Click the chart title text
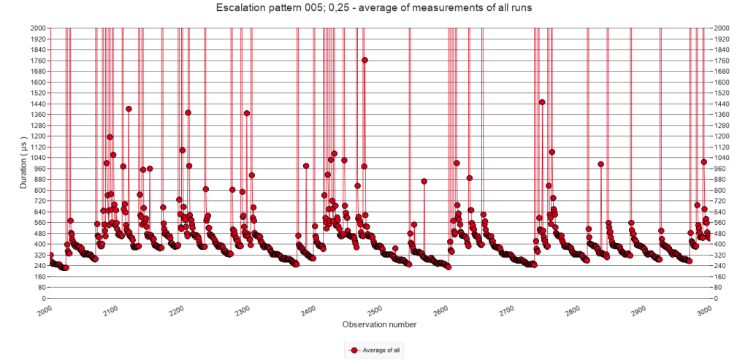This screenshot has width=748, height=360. click(x=373, y=8)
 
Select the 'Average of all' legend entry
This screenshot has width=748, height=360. click(x=375, y=351)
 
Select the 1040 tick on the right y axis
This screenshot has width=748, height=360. click(x=722, y=158)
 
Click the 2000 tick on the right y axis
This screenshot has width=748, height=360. click(x=722, y=28)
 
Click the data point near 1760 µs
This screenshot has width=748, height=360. click(x=365, y=60)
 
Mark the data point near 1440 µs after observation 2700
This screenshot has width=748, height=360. click(x=542, y=102)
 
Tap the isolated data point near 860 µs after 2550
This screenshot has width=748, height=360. click(x=424, y=181)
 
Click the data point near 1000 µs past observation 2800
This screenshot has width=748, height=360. click(x=600, y=164)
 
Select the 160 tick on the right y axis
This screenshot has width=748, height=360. click(x=720, y=277)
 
